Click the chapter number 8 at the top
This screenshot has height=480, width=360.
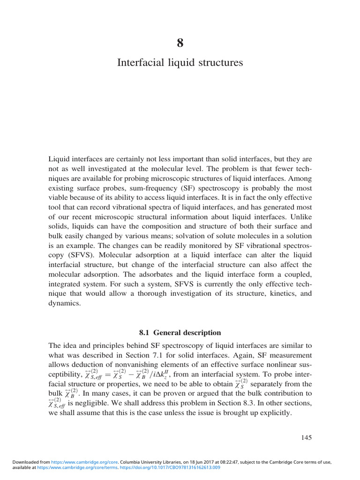coord(180,44)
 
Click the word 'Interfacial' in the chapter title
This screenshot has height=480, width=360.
coord(139,62)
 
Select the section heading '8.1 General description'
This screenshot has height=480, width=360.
coord(180,332)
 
